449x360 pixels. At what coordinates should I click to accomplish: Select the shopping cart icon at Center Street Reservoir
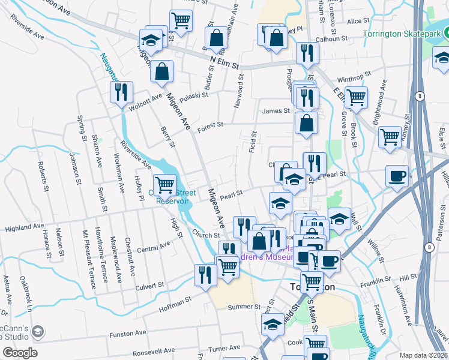[x=164, y=185]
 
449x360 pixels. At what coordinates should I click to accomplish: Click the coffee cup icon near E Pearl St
[x=397, y=176]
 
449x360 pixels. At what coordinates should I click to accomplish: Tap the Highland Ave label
[x=25, y=228]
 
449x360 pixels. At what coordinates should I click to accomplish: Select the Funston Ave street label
[x=127, y=332]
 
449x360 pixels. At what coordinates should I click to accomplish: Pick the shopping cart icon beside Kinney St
[x=390, y=137]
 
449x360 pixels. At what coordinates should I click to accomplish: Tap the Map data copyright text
[x=424, y=355]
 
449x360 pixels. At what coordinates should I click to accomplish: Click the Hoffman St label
[x=174, y=298]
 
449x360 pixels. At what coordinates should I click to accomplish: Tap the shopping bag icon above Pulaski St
[x=162, y=72]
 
